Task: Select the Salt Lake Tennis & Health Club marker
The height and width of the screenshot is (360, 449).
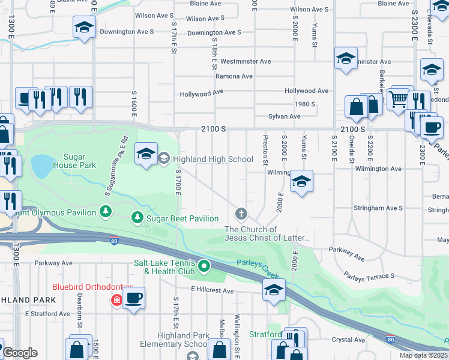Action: [x=204, y=265]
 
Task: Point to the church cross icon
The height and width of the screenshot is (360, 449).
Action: [x=241, y=214]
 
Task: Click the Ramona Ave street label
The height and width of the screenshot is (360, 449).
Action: [x=234, y=76]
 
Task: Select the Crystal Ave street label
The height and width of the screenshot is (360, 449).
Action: [x=348, y=340]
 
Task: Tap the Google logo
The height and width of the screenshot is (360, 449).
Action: [x=20, y=353]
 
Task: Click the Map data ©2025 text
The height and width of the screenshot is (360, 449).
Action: [x=424, y=355]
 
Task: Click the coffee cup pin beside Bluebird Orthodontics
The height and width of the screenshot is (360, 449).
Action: [x=133, y=298]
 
